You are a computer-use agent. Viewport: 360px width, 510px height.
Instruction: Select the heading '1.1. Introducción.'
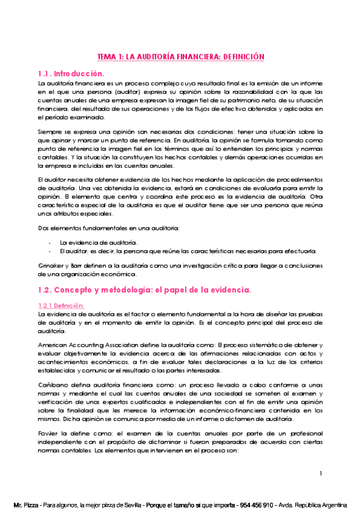tap(71, 73)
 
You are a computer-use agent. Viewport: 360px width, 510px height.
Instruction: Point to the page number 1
tap(322, 474)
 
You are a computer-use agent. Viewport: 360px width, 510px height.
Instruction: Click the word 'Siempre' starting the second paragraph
tap(49, 131)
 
